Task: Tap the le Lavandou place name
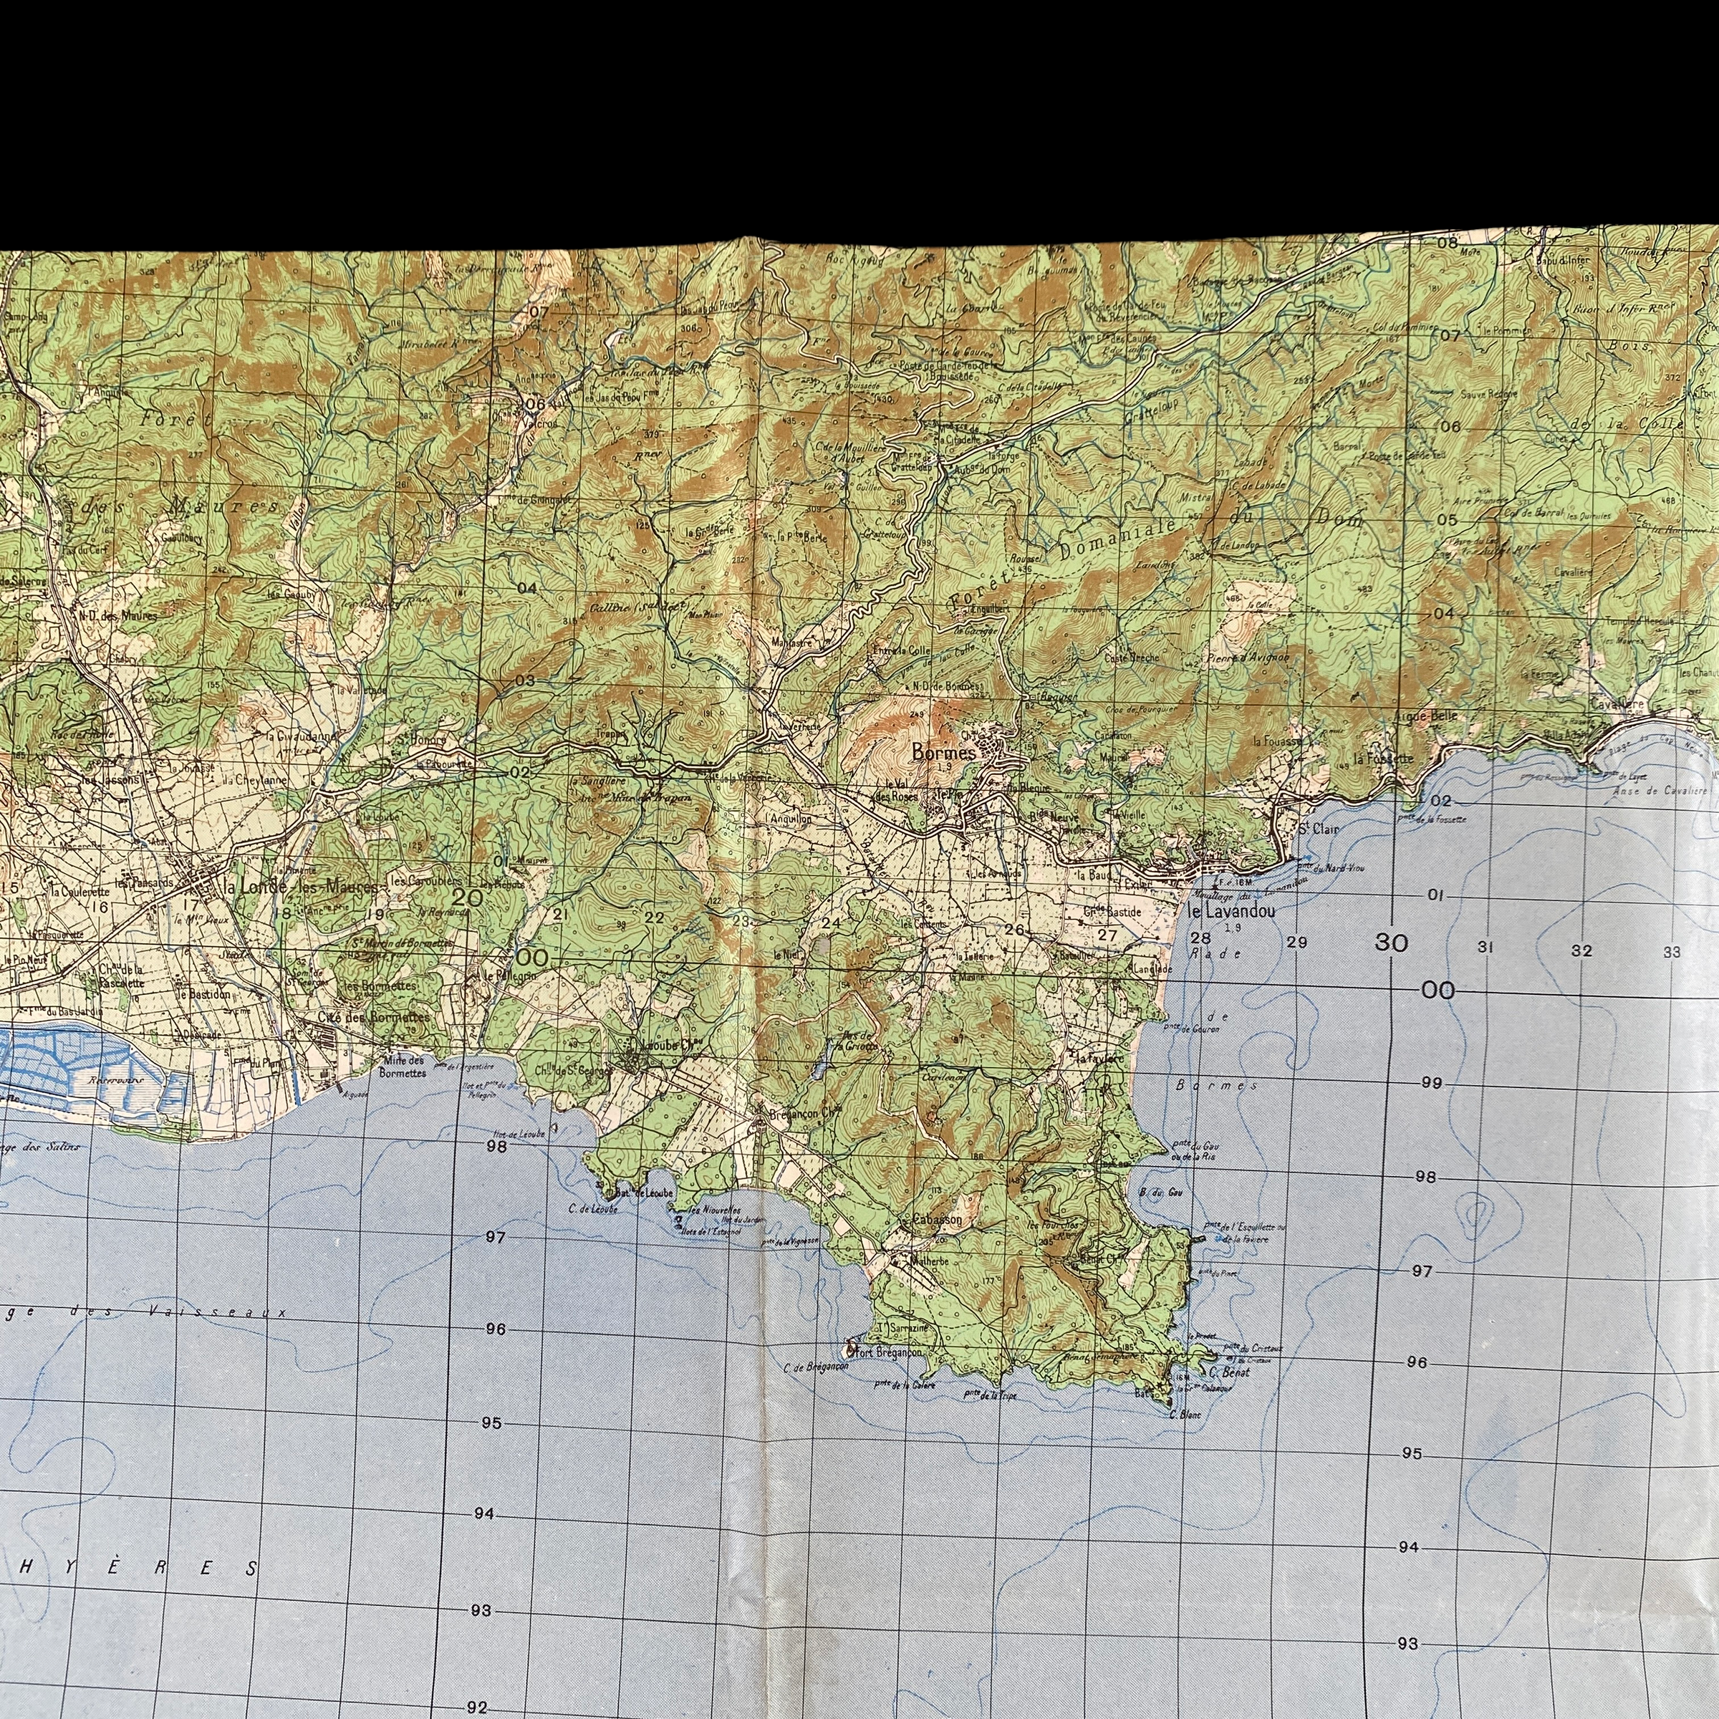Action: coord(1232,911)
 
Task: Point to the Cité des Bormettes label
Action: coord(374,1016)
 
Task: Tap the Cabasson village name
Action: coord(938,1220)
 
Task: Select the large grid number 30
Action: coord(1391,943)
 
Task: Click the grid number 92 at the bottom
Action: coord(478,1707)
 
